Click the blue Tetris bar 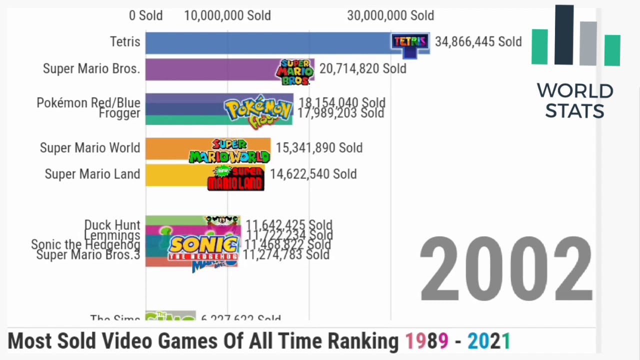pyautogui.click(x=265, y=42)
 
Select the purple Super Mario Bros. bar pyautogui.click(x=210, y=69)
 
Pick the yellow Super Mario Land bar pyautogui.click(x=175, y=174)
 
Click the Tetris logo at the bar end pyautogui.click(x=410, y=43)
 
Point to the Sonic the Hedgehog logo pyautogui.click(x=203, y=248)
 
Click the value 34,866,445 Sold pyautogui.click(x=478, y=42)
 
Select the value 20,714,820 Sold pyautogui.click(x=362, y=69)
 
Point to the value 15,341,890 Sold pyautogui.click(x=319, y=148)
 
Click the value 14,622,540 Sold pyautogui.click(x=313, y=174)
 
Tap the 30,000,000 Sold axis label pyautogui.click(x=390, y=15)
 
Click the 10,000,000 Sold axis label pyautogui.click(x=227, y=15)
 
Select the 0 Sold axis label pyautogui.click(x=145, y=15)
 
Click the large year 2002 pyautogui.click(x=506, y=269)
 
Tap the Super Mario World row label pyautogui.click(x=90, y=148)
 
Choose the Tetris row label pyautogui.click(x=125, y=42)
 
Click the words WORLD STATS pyautogui.click(x=575, y=100)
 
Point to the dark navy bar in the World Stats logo pyautogui.click(x=564, y=35)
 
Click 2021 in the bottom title pyautogui.click(x=488, y=341)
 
